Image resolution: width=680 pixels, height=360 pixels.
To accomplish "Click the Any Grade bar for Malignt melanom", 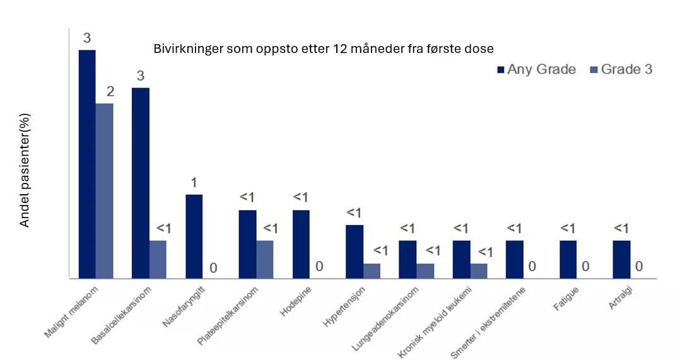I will (x=87, y=164).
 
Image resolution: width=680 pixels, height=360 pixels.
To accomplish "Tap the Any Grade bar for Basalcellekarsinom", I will (x=141, y=183).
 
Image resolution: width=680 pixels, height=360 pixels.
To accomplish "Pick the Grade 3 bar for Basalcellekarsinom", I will (x=158, y=259).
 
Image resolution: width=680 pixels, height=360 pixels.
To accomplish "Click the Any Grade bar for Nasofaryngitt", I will (x=194, y=236).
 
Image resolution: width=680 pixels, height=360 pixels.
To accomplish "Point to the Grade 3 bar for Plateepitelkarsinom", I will (x=265, y=259).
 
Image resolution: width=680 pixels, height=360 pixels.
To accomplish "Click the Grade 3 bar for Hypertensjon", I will (x=372, y=270).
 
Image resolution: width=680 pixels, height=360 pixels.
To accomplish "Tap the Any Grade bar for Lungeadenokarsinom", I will (x=407, y=259).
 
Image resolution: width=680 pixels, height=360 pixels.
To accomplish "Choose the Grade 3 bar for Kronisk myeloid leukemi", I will (x=479, y=270).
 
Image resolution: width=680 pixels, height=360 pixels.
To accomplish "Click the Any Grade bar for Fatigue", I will (x=568, y=259).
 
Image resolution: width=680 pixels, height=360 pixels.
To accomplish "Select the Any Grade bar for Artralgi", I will (x=621, y=259).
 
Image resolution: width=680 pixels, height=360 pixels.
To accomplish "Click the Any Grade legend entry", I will (x=536, y=69).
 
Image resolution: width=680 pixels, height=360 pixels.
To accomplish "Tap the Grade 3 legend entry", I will (x=621, y=69).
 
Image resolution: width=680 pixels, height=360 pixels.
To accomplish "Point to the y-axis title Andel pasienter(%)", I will (x=25, y=171).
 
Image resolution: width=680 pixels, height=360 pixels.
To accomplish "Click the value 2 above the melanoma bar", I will (x=110, y=92).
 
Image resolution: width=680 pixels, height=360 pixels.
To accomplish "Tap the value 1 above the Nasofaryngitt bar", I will (x=194, y=183).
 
